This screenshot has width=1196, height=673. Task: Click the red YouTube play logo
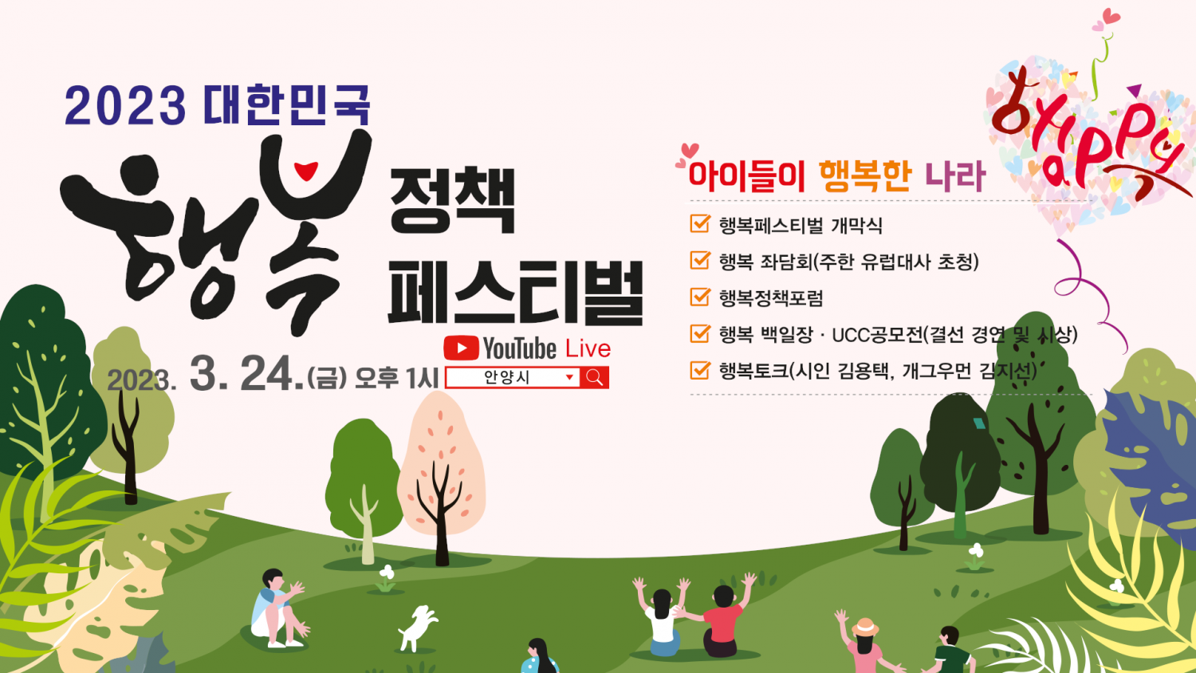(x=461, y=348)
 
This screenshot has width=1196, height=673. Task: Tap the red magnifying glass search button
(x=594, y=378)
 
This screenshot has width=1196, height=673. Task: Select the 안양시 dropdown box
(x=513, y=378)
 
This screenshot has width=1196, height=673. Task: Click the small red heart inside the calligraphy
(x=306, y=171)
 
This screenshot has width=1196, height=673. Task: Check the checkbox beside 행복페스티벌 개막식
(x=699, y=224)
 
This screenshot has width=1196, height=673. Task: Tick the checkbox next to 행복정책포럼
(x=699, y=297)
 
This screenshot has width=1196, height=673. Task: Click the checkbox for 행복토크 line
(x=699, y=370)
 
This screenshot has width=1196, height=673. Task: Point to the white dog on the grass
(x=417, y=628)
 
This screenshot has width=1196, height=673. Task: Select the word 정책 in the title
(x=452, y=200)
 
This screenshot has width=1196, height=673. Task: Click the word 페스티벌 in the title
(x=516, y=292)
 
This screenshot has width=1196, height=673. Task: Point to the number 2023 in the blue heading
(x=125, y=106)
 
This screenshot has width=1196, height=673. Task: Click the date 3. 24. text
(x=246, y=374)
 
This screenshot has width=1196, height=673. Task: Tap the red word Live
(x=588, y=348)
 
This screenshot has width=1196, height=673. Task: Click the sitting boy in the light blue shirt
(x=277, y=608)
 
